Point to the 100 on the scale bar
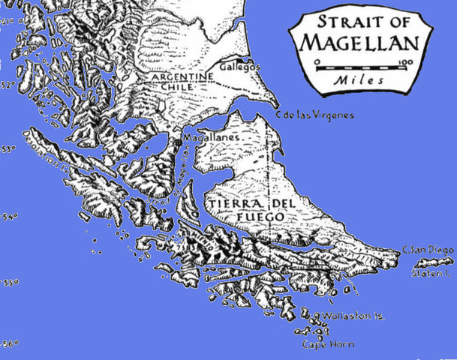click(406, 62)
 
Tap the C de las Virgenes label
click(314, 115)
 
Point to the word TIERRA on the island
click(224, 204)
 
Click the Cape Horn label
click(327, 345)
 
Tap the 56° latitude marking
click(9, 343)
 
